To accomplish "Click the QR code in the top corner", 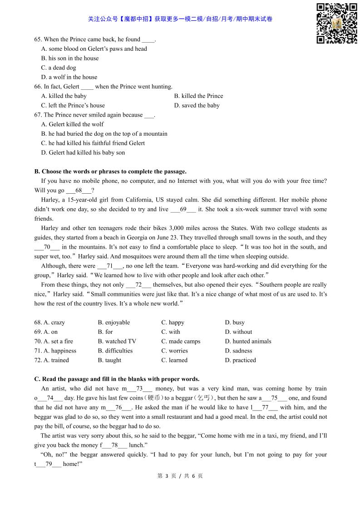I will click(336, 23).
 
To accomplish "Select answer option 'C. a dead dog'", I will click(59, 68).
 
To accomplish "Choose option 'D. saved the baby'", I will click(197, 105).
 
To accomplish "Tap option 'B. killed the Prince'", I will click(198, 96).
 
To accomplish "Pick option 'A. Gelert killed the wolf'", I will click(72, 124).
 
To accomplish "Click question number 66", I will click(38, 86).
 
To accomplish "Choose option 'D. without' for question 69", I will click(238, 332).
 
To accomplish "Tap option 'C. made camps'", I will click(181, 341).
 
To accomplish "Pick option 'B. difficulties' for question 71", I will click(115, 351).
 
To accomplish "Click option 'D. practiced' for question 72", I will click(240, 360).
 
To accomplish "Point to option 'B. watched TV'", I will click(117, 341).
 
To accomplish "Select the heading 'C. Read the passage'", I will click(117, 379).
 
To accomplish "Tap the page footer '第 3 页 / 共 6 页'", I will click(180, 476).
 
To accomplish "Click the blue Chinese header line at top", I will click(180, 19).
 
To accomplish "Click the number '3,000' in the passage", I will click(177, 228).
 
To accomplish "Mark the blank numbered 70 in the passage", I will click(47, 247).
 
